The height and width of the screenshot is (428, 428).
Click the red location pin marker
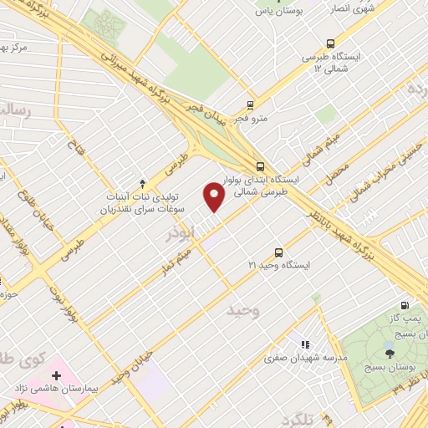coord(214,197)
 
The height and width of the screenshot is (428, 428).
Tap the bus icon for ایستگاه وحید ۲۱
coord(278,252)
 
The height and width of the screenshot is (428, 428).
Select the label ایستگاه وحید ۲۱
coord(279,265)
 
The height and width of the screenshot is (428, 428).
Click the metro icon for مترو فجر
coord(249,105)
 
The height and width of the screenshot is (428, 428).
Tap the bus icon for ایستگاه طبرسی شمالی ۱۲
coord(332,43)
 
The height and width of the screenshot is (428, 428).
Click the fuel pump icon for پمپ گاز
coord(405,306)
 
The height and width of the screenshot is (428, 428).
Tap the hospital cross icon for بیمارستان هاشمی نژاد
coord(57,376)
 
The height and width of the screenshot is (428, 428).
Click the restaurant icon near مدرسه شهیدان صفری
coord(305,344)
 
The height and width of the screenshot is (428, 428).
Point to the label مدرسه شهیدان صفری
coord(305,357)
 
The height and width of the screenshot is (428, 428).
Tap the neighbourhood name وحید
coord(245,313)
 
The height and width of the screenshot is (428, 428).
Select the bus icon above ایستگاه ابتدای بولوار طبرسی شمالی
coord(261,166)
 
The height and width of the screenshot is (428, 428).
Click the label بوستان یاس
coord(277,12)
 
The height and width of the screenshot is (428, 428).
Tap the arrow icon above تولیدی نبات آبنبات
coord(142,183)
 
